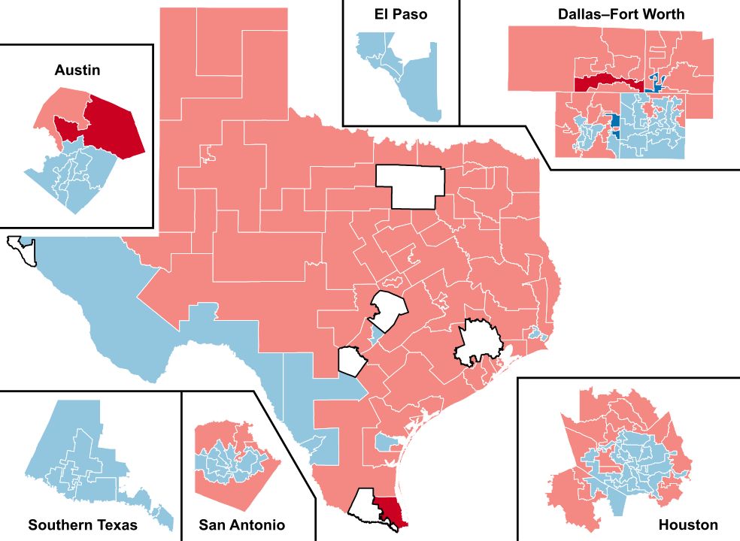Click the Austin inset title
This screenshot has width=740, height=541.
(77, 70)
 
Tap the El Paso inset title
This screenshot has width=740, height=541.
(401, 14)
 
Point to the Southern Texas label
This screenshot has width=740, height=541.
(83, 524)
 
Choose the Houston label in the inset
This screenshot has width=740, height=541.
(687, 524)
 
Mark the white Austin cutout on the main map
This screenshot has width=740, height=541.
(389, 312)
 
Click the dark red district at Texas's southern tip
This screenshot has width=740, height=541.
(393, 511)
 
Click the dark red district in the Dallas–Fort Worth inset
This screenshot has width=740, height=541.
(602, 83)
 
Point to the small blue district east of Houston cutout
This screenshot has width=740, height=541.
(535, 333)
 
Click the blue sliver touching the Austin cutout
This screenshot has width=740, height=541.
(372, 332)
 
